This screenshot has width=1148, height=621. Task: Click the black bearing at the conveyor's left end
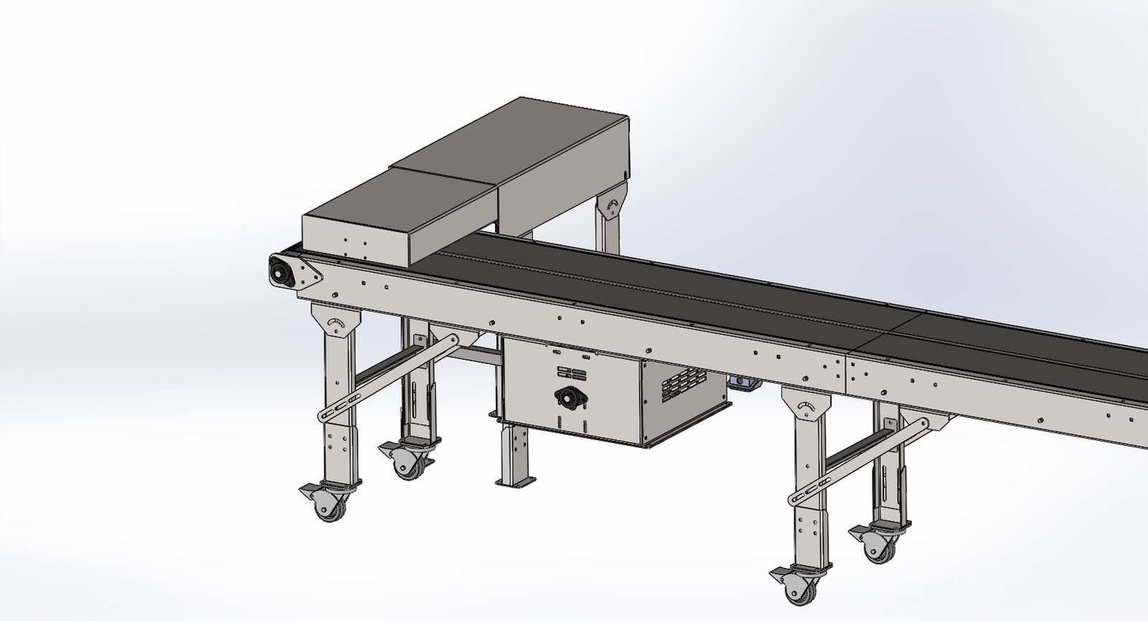pos(278,272)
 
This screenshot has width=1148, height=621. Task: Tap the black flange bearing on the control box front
pos(567,397)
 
